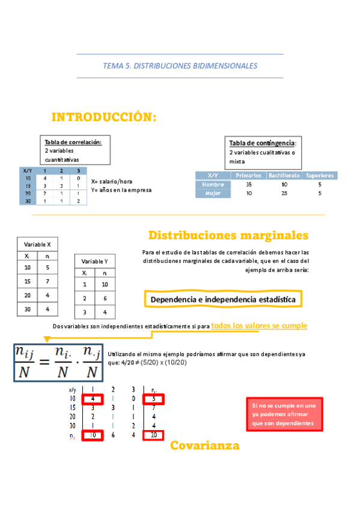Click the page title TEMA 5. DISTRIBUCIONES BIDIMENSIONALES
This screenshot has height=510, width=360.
coord(180,66)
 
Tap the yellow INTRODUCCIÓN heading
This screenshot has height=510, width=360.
coord(104,117)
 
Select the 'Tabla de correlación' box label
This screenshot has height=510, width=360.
coord(73,142)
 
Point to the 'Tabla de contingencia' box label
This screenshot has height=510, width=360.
coord(262,143)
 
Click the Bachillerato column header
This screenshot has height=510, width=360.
coord(284,175)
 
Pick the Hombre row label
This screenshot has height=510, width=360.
coord(213,184)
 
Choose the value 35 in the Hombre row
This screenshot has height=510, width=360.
coord(249,184)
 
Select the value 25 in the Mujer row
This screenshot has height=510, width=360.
coord(284,193)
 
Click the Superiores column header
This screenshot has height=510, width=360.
coord(320,175)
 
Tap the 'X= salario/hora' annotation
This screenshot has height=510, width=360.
coord(112,181)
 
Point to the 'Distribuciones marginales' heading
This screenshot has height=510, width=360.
coord(228,235)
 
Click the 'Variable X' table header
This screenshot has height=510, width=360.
coord(37,244)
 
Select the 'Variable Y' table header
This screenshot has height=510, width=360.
coord(95,262)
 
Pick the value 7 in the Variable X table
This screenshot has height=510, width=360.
coord(47,281)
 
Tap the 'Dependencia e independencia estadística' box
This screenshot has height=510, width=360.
coord(223,299)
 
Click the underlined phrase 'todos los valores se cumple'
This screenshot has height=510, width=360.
coord(259,325)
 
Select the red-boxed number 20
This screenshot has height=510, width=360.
coord(154,435)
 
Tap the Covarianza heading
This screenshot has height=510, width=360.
coord(204,446)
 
